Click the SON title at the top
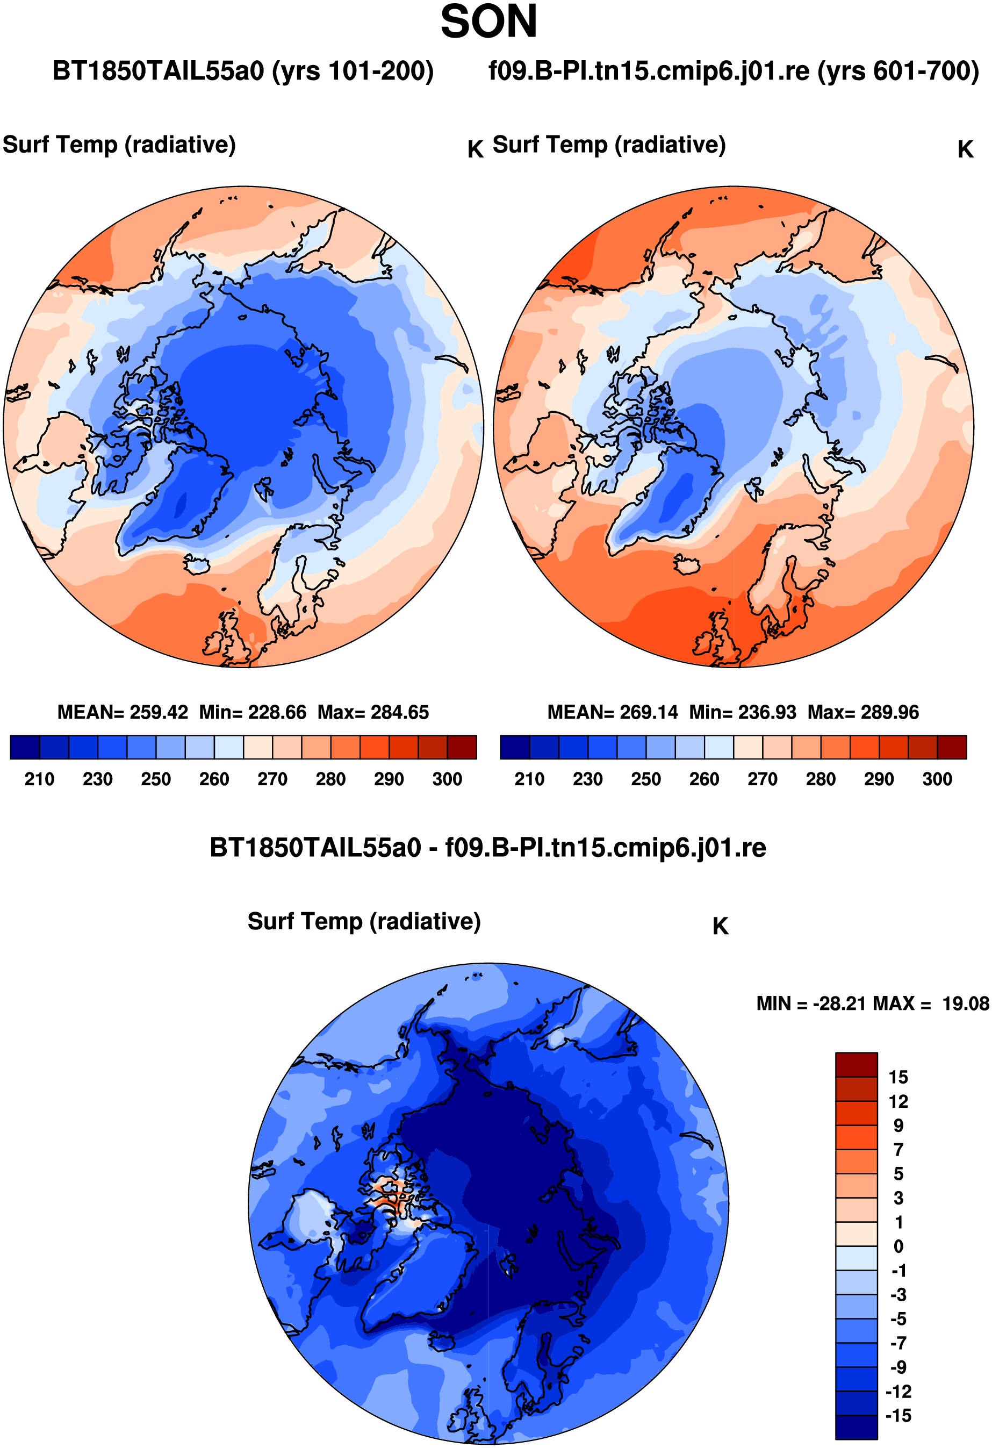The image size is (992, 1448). pyautogui.click(x=488, y=22)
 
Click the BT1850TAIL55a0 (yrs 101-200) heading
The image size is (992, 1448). pyautogui.click(x=243, y=71)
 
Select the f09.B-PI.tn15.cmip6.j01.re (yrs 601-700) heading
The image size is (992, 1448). pyautogui.click(x=734, y=71)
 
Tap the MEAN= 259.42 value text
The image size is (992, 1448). pyautogui.click(x=123, y=712)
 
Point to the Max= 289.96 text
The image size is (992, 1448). pyautogui.click(x=863, y=712)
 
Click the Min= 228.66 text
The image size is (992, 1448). pyautogui.click(x=253, y=712)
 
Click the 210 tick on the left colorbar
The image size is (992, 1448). pyautogui.click(x=39, y=779)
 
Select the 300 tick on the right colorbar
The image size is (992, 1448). pyautogui.click(x=937, y=779)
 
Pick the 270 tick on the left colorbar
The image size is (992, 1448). pyautogui.click(x=272, y=779)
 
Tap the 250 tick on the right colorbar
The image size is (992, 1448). pyautogui.click(x=645, y=779)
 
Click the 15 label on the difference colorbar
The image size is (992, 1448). pyautogui.click(x=898, y=1077)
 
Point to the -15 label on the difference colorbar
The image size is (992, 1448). pyautogui.click(x=898, y=1416)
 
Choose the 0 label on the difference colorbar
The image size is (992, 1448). pyautogui.click(x=898, y=1246)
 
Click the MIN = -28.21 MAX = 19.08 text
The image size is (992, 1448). pyautogui.click(x=872, y=1003)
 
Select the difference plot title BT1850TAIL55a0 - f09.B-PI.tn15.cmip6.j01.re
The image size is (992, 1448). pyautogui.click(x=488, y=848)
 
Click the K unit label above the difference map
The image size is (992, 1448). pyautogui.click(x=720, y=927)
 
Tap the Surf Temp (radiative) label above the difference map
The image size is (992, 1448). pyautogui.click(x=364, y=921)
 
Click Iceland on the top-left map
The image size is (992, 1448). pyautogui.click(x=198, y=565)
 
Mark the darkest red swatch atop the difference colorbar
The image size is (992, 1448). pyautogui.click(x=856, y=1065)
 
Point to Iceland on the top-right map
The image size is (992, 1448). pyautogui.click(x=687, y=565)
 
